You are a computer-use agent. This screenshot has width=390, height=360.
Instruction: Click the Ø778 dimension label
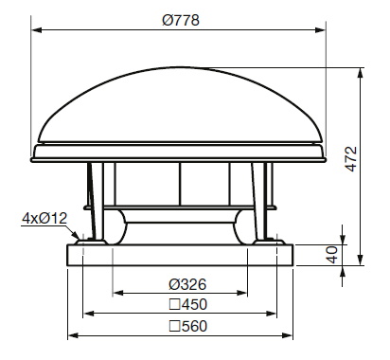click(x=181, y=21)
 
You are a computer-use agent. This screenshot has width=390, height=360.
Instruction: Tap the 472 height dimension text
click(x=351, y=159)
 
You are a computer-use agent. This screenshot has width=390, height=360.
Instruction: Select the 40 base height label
click(x=331, y=255)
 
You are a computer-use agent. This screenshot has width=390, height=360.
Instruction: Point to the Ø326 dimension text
click(x=187, y=284)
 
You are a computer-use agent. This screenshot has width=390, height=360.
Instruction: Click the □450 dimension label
click(x=188, y=304)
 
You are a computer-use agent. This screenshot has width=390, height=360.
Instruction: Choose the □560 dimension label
click(x=188, y=326)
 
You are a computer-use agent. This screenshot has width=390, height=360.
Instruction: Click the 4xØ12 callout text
click(x=44, y=218)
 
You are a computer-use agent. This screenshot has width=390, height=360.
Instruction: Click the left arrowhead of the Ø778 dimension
click(x=37, y=30)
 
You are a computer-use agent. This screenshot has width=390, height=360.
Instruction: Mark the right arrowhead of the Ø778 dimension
click(x=320, y=30)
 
